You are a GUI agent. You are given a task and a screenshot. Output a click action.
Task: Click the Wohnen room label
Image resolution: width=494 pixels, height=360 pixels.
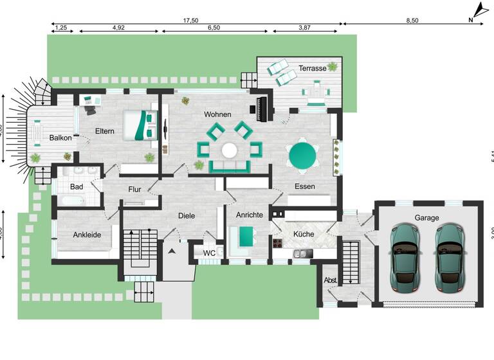[217, 114]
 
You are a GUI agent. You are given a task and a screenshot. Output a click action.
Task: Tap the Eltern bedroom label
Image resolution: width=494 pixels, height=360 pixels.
[104, 131]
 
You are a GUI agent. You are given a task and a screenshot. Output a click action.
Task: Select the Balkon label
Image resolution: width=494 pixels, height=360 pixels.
[60, 138]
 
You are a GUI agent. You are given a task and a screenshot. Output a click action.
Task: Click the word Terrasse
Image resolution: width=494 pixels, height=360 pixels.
[312, 67]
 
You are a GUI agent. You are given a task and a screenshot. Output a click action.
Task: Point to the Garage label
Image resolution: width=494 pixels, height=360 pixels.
[426, 218]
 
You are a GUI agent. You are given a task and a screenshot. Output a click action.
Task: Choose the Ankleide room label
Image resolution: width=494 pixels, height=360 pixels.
[87, 235]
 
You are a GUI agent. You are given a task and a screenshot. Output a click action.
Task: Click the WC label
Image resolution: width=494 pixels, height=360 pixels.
[209, 253]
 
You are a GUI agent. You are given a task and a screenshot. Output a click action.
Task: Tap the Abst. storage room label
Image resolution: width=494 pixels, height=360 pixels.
[331, 280]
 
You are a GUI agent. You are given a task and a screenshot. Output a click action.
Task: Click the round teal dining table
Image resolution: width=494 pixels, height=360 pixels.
[303, 155]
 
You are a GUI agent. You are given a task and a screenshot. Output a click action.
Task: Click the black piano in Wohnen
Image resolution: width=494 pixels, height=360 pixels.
[262, 109]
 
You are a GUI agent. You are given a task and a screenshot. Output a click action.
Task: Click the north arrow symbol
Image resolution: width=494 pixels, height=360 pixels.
[479, 11]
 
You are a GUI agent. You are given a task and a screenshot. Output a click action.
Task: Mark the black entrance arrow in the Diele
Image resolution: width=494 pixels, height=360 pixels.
[171, 251]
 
